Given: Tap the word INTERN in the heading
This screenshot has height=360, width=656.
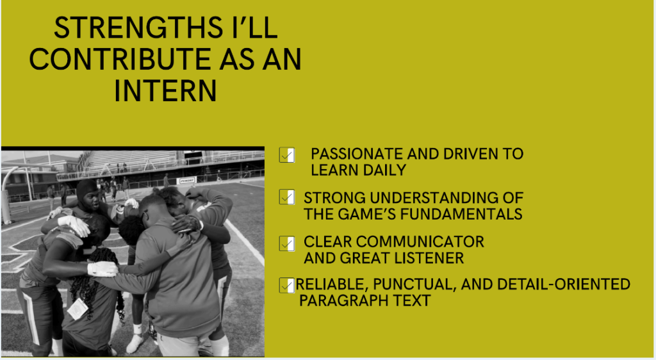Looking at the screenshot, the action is (166, 91).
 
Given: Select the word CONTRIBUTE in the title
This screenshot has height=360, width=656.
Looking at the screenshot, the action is (120, 60).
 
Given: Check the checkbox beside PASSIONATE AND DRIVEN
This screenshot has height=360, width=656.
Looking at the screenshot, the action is (287, 155).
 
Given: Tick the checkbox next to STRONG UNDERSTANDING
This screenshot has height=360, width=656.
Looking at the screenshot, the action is (287, 197).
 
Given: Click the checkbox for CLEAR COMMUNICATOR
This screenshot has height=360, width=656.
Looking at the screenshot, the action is (287, 243).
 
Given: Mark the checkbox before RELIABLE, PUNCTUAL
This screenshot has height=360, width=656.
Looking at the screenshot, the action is (287, 285).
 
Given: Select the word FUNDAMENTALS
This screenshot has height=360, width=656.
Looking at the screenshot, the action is (461, 214).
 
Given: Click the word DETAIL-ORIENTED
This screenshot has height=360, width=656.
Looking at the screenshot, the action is (564, 284).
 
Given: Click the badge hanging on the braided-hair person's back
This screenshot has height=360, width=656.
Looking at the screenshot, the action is (78, 309).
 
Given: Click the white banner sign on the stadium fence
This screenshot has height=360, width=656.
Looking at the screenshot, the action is (186, 181).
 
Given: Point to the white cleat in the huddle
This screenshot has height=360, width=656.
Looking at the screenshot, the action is (135, 343).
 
